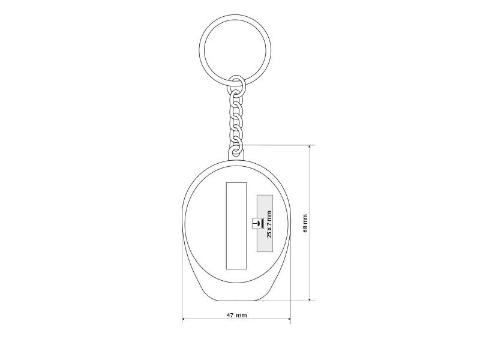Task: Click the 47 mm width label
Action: (236, 314)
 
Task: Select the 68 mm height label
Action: (305, 223)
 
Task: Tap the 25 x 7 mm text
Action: (269, 224)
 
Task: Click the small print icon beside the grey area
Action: (257, 223)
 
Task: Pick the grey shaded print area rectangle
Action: (265, 223)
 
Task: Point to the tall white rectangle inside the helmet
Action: (236, 226)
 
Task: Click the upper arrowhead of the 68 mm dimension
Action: (310, 147)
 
